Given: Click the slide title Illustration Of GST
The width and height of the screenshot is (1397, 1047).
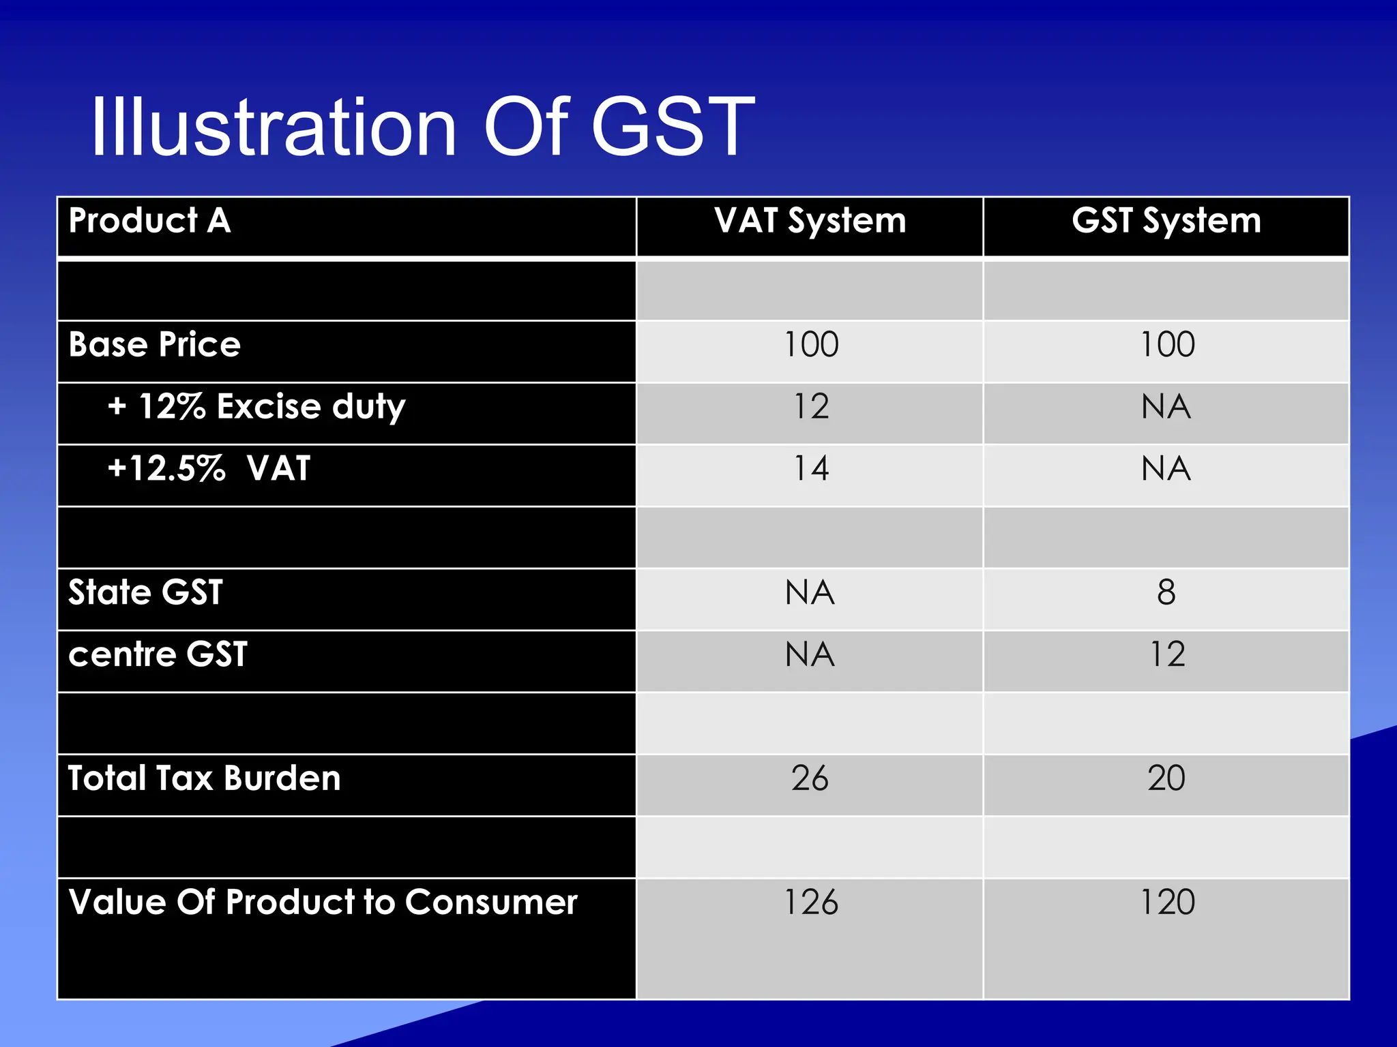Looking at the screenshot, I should (423, 127).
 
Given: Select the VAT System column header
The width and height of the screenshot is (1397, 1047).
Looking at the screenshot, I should (810, 221).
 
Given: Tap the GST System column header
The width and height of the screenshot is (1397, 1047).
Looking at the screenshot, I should (1166, 221).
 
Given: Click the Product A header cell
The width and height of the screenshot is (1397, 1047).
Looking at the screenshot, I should (150, 221).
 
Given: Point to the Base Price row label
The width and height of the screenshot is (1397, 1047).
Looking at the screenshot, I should (155, 344).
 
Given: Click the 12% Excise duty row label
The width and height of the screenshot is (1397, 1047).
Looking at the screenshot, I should (256, 407).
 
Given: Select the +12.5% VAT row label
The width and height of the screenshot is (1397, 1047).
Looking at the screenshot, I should (209, 469).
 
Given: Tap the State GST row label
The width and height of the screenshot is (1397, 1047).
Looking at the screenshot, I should (145, 592).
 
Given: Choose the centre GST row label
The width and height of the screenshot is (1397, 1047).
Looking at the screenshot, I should (158, 654).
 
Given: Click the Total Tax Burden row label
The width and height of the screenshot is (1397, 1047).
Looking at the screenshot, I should (204, 778).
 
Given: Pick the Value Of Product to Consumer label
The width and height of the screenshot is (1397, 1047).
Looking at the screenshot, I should (323, 902).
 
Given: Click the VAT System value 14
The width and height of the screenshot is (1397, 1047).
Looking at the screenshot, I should (810, 469).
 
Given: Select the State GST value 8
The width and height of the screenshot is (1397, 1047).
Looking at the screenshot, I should (1166, 592).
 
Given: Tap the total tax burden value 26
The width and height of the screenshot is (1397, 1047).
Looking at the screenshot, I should (810, 778).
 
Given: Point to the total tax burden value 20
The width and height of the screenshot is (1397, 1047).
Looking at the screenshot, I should (1166, 778).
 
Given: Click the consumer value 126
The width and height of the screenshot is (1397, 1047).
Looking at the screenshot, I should (810, 902).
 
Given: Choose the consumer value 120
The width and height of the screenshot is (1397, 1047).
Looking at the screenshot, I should (1166, 902).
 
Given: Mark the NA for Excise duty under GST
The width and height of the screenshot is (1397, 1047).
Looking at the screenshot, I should (1166, 407).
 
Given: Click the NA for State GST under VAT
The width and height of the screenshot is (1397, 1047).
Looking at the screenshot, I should (810, 592).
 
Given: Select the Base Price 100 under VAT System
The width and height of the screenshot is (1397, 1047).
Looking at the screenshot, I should (810, 344).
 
